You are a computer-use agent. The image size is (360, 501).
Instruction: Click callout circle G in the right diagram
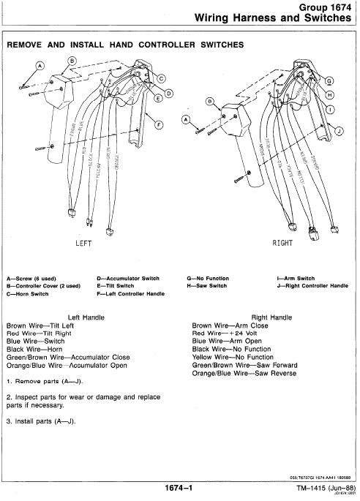[x=329, y=81]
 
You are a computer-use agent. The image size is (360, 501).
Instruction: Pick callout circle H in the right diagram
[x=329, y=95]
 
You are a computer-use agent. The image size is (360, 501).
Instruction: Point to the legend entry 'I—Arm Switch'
[x=296, y=279]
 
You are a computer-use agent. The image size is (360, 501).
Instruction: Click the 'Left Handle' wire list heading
[x=88, y=317]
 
